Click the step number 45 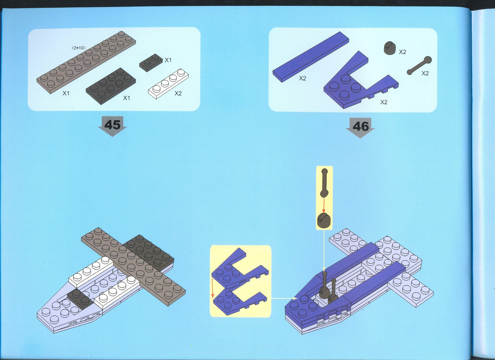click(x=112, y=125)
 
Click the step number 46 click(x=361, y=126)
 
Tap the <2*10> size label click(x=79, y=48)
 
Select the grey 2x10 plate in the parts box click(x=86, y=62)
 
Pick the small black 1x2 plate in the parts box click(x=151, y=63)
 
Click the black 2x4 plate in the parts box click(x=111, y=85)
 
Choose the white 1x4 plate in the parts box click(x=168, y=84)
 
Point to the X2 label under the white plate click(x=178, y=93)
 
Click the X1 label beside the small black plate click(x=168, y=60)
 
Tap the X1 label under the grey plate click(x=66, y=93)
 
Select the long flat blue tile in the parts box click(x=311, y=57)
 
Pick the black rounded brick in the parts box click(x=390, y=48)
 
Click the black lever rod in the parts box click(x=419, y=66)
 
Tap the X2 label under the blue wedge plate click(x=384, y=102)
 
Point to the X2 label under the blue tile click(x=303, y=78)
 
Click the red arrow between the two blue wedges click(x=212, y=288)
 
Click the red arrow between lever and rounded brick click(x=324, y=205)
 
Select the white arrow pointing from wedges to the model click(x=284, y=298)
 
